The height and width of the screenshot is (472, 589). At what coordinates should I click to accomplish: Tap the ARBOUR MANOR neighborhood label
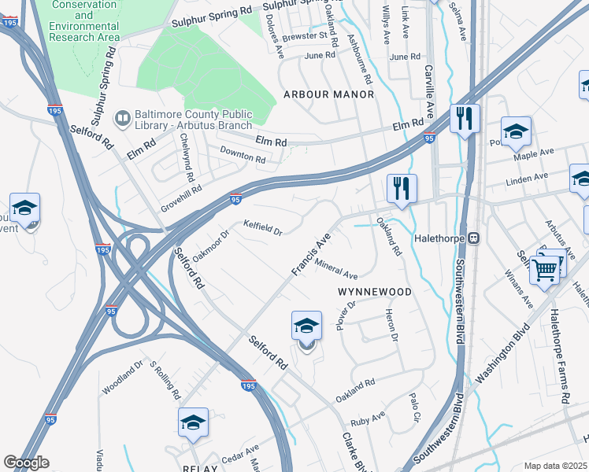(x=328, y=94)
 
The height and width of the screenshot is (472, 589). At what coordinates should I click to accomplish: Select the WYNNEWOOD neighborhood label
(x=375, y=292)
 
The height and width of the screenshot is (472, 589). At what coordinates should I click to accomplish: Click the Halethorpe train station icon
(x=474, y=238)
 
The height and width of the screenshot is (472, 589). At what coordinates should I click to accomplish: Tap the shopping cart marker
(x=544, y=271)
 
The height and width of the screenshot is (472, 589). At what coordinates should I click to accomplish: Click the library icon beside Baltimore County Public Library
(x=122, y=119)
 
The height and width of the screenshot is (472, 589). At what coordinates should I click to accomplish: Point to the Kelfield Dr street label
(x=262, y=228)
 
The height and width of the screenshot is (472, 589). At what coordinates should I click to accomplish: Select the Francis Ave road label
(x=310, y=254)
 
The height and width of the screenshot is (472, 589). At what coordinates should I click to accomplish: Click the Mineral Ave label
(x=336, y=271)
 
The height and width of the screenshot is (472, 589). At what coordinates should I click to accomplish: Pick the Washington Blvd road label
(x=498, y=367)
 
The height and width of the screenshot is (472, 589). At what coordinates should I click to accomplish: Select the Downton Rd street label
(x=243, y=156)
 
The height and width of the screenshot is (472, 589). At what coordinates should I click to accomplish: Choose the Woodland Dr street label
(x=122, y=378)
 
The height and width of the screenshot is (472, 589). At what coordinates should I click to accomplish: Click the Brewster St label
(x=306, y=35)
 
